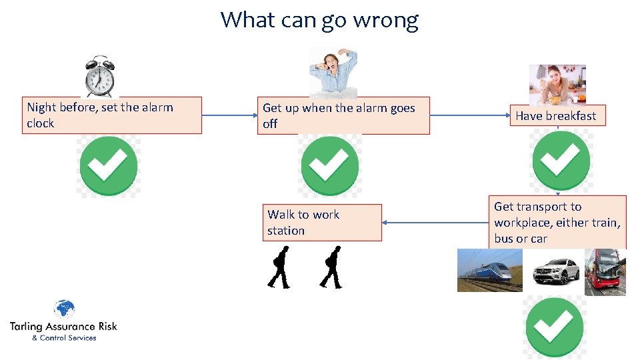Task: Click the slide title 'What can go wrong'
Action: tap(319, 19)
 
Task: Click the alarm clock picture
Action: tap(100, 77)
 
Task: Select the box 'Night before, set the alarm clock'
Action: tap(111, 115)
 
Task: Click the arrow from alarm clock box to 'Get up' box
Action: tap(229, 115)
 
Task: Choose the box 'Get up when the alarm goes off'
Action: tap(343, 116)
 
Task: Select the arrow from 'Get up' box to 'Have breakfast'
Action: tap(469, 115)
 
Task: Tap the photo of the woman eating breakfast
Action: tap(557, 85)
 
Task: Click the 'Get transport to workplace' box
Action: tap(559, 222)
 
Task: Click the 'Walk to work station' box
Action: tap(323, 223)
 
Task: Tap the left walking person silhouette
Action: tap(279, 267)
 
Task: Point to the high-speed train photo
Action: tap(490, 270)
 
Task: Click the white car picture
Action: tap(555, 271)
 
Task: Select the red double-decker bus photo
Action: tap(605, 271)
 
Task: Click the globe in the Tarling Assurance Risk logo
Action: tap(64, 309)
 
